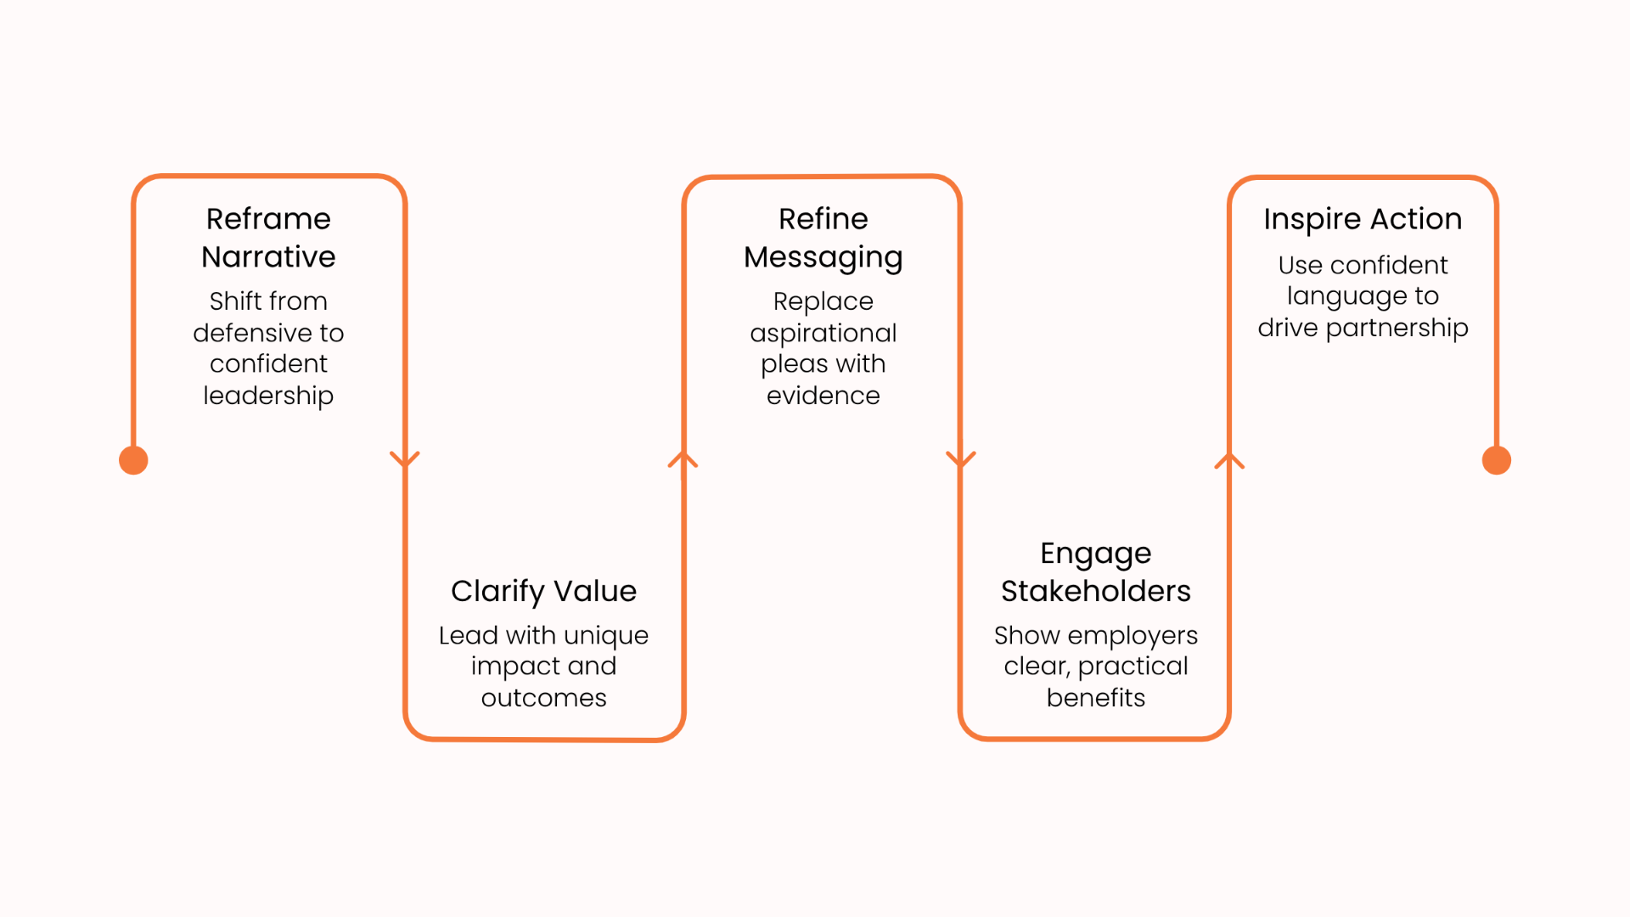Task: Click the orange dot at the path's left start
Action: click(133, 460)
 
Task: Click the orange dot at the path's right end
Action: click(1496, 460)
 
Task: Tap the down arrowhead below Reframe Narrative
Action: click(405, 460)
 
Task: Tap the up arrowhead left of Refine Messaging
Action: click(683, 459)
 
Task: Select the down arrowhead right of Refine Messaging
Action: click(960, 460)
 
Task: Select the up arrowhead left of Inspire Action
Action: click(1229, 460)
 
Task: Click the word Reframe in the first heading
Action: click(268, 219)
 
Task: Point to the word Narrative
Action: click(268, 256)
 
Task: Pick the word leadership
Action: click(268, 396)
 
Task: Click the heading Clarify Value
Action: click(543, 591)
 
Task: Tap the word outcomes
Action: click(543, 698)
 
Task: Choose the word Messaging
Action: click(823, 257)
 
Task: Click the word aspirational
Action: click(823, 333)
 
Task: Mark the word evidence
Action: click(823, 396)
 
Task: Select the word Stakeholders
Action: click(1095, 591)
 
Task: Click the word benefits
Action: click(1095, 698)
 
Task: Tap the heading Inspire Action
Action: click(1362, 219)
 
